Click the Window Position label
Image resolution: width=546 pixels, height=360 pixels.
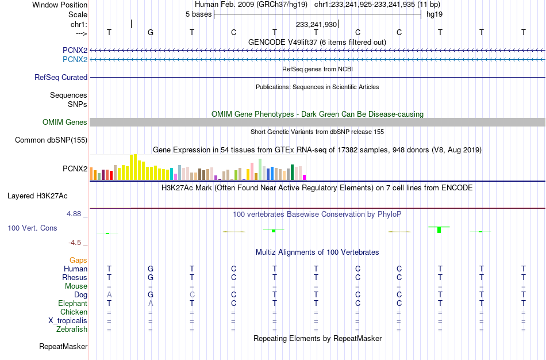(60, 5)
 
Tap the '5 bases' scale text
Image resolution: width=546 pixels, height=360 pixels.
(198, 14)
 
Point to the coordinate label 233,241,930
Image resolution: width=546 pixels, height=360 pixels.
(316, 24)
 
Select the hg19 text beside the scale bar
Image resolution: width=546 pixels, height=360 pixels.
(435, 14)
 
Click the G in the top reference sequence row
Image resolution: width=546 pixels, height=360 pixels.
(151, 32)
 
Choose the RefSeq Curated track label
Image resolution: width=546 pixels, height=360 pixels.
(61, 78)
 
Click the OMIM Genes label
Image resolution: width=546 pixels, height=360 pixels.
(65, 122)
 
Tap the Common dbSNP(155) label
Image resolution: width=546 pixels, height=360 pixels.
(51, 140)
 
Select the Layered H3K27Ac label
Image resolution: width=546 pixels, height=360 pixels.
(37, 196)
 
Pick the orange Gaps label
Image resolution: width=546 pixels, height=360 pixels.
(78, 261)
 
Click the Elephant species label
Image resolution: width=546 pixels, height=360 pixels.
(73, 303)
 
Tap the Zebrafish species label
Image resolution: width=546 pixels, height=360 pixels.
(72, 329)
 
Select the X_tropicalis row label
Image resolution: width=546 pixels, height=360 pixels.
(68, 321)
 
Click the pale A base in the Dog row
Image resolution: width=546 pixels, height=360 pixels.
(109, 295)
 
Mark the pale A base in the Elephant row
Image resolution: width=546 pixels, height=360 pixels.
(151, 303)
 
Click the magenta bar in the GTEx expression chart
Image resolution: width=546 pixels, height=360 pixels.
(305, 177)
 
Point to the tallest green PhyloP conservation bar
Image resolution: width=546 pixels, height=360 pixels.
(439, 229)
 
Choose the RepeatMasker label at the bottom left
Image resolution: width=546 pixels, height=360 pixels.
(63, 346)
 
